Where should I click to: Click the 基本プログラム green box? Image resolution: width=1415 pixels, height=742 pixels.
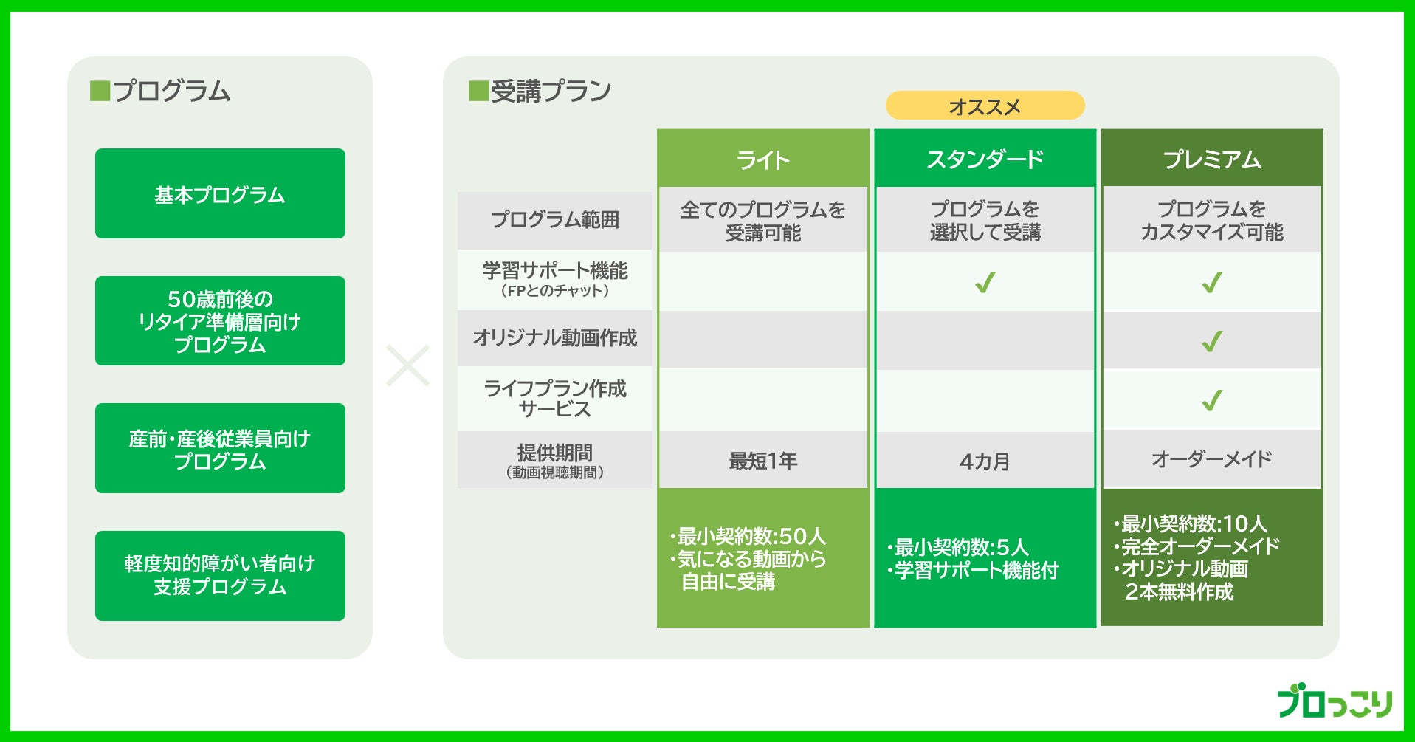(x=220, y=193)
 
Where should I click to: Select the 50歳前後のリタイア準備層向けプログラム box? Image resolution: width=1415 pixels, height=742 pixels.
(x=220, y=321)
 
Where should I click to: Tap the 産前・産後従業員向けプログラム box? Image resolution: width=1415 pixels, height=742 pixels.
(x=220, y=448)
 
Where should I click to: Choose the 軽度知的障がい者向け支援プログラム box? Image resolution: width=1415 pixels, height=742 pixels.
(x=220, y=575)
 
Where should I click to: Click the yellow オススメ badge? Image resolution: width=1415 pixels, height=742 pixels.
(x=985, y=106)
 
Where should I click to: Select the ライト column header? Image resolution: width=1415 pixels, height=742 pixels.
(x=762, y=159)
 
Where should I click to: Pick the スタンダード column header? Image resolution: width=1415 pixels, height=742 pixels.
(x=985, y=159)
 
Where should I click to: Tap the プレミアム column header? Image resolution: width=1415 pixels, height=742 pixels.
(x=1211, y=159)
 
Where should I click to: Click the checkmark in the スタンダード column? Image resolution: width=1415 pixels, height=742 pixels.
(x=985, y=282)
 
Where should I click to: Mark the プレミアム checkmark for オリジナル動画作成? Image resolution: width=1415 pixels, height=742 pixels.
(x=1212, y=341)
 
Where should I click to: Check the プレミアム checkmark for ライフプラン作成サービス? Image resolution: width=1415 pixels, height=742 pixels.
(x=1212, y=400)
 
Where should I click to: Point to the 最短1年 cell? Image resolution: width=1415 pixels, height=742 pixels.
(x=762, y=461)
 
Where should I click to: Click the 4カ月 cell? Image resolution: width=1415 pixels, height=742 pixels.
(x=985, y=461)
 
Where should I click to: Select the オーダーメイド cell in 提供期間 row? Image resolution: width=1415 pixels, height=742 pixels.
(x=1211, y=459)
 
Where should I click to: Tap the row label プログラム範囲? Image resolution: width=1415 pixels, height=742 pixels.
(x=554, y=219)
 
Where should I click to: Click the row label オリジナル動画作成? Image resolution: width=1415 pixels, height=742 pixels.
(x=554, y=337)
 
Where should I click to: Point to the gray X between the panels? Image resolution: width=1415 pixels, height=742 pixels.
(x=407, y=365)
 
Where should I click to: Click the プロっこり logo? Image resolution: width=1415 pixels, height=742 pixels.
(x=1334, y=701)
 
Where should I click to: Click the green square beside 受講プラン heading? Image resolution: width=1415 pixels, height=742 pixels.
(x=478, y=92)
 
